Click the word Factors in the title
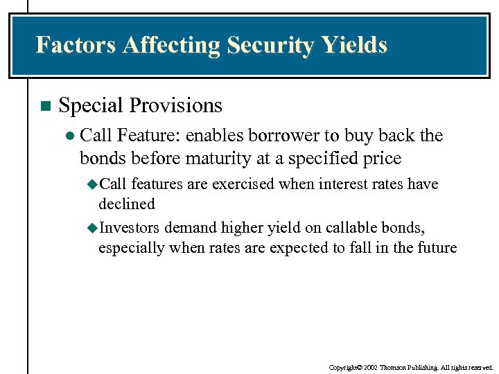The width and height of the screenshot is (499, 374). click(76, 45)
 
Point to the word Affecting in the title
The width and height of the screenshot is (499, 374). click(169, 45)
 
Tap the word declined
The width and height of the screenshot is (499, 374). click(127, 204)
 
